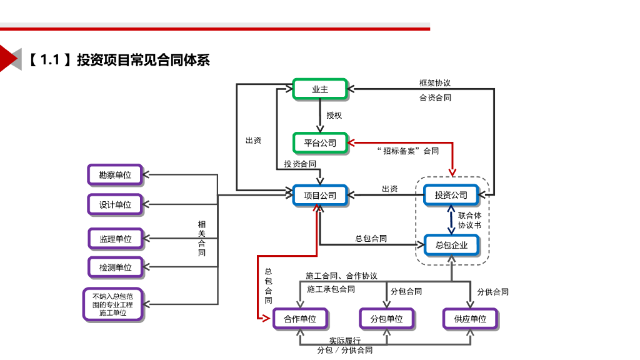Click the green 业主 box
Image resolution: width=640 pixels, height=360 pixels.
coord(319,89)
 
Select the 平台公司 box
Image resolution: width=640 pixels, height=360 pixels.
coord(319,142)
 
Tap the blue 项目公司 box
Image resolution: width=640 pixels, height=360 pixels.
coord(319,195)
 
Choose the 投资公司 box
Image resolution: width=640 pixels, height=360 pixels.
coord(451,195)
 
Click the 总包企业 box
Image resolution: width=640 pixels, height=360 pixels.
coord(451,245)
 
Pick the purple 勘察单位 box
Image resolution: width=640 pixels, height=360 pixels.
coord(115,175)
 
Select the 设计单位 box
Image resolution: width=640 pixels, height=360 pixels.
coord(115,204)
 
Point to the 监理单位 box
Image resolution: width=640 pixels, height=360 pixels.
coord(115,238)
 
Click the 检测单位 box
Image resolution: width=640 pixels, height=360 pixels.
coord(115,267)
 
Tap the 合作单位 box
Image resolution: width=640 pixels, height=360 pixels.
coord(300,319)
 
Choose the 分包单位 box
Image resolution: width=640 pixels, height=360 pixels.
coord(386,319)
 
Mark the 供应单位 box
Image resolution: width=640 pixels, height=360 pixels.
coord(470,319)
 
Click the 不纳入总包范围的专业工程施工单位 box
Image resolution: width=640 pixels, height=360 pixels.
coord(113,304)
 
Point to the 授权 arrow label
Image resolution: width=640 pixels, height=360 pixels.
coord(334,116)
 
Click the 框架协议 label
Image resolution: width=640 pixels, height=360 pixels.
coord(435,82)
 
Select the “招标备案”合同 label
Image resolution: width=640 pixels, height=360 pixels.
coord(408,151)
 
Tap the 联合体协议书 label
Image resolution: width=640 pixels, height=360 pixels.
coord(469,220)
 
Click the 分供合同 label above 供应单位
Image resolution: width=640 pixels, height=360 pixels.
coord(492,291)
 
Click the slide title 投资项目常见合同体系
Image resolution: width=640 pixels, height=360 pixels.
coord(143,60)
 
